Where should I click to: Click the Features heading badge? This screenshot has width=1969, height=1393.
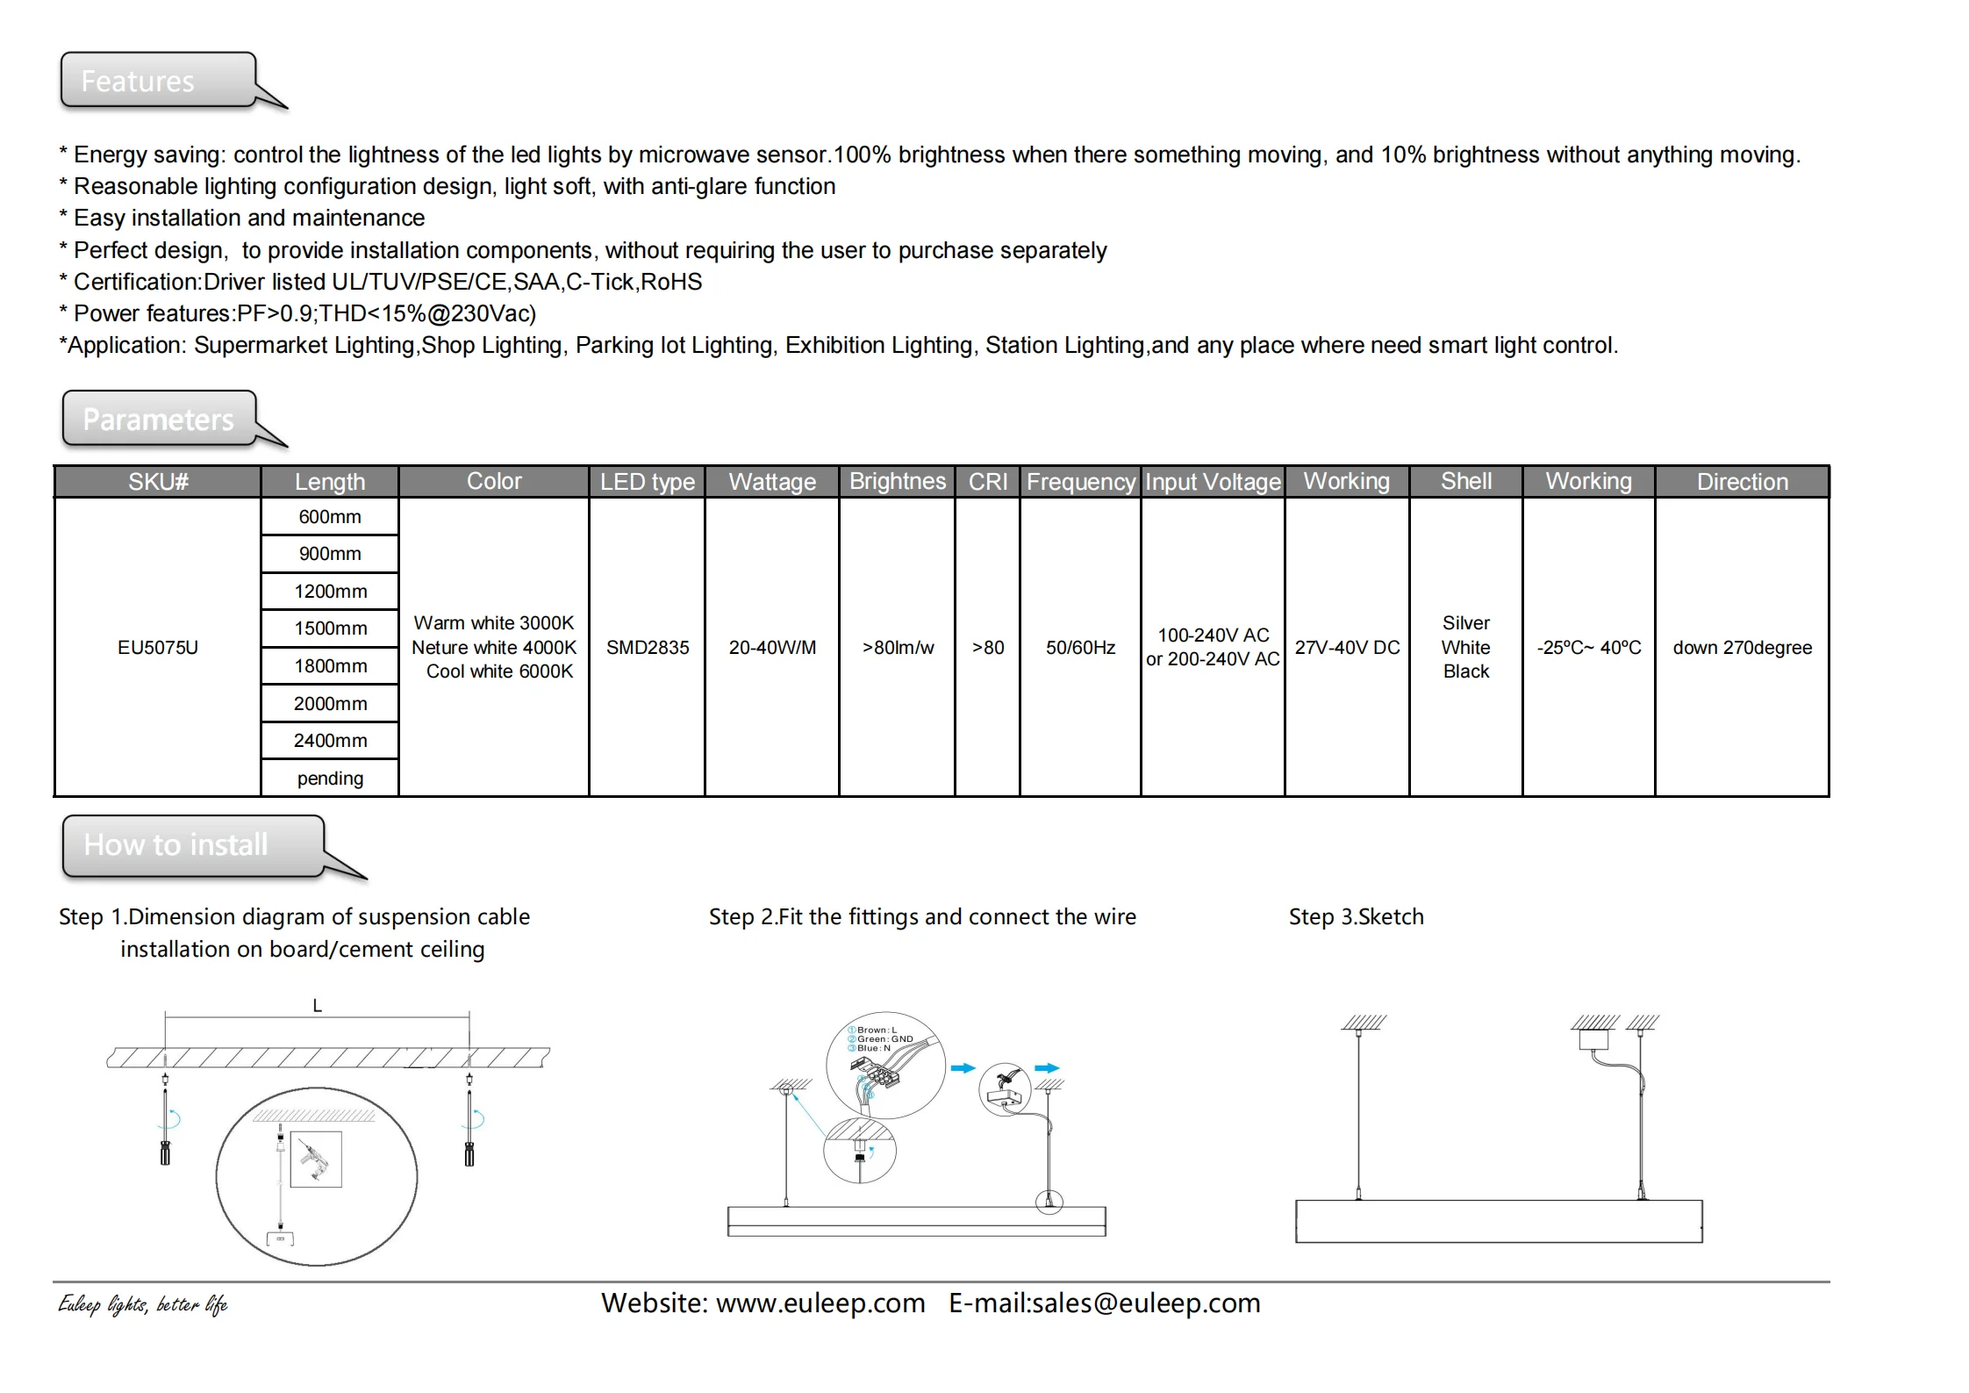(x=158, y=81)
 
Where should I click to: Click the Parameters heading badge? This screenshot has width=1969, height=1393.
(x=160, y=419)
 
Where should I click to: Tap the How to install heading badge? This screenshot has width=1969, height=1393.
(x=193, y=844)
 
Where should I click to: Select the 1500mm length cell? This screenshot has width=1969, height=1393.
(x=330, y=628)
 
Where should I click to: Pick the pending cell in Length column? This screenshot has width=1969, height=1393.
(x=330, y=779)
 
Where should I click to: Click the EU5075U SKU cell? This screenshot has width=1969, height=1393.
(x=158, y=648)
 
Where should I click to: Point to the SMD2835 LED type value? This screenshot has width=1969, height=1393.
(x=648, y=648)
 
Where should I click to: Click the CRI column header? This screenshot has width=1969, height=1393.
(x=987, y=482)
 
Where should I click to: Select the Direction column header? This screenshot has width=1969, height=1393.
(x=1742, y=482)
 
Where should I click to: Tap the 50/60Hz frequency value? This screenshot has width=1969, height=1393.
(x=1080, y=648)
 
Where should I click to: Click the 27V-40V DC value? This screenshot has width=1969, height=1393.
(x=1347, y=648)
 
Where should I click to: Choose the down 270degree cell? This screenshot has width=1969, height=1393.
(x=1742, y=648)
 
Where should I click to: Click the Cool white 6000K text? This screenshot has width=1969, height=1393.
(x=499, y=671)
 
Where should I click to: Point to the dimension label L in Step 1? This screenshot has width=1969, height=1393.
(x=318, y=1006)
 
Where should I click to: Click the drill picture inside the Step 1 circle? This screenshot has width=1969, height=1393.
(x=316, y=1159)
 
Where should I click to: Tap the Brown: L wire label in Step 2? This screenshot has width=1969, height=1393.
(x=876, y=1030)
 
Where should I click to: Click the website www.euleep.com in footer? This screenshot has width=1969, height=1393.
(x=820, y=1303)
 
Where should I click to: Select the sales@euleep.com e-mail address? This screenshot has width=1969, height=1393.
(x=1146, y=1303)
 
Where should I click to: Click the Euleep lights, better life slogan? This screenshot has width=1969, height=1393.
(x=143, y=1305)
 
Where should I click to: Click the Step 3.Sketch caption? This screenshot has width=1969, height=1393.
(x=1356, y=917)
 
